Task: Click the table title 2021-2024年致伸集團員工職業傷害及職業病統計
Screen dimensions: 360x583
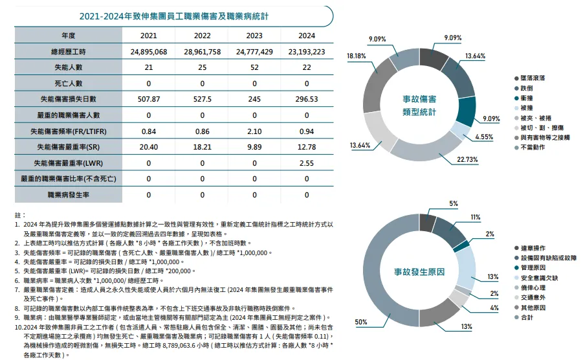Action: (165, 16)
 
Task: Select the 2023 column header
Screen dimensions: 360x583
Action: (254, 35)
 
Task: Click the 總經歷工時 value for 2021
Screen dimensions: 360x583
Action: (148, 51)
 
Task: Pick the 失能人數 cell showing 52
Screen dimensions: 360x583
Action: (254, 67)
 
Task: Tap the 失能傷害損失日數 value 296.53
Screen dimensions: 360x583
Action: (307, 99)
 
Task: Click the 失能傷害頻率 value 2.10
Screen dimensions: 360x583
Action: (254, 131)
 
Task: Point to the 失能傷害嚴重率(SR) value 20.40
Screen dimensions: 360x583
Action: (148, 146)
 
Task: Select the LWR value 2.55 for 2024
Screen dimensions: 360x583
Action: (307, 163)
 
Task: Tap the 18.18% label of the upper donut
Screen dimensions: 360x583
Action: (357, 56)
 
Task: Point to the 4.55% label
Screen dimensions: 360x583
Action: (484, 137)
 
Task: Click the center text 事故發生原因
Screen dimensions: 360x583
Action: (419, 272)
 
